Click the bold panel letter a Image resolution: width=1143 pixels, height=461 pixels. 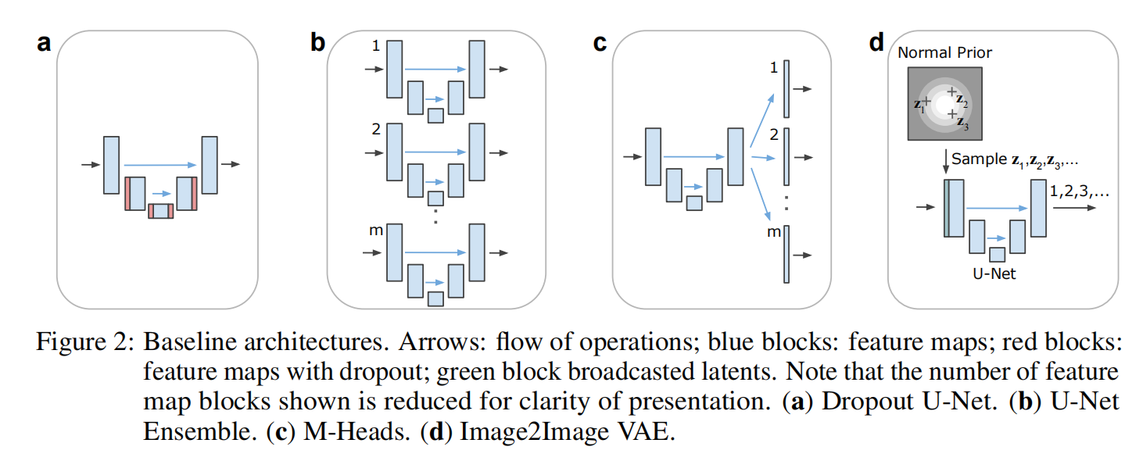coord(44,43)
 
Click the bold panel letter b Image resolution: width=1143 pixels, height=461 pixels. coord(317,43)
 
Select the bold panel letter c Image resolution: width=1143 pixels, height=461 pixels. coord(600,43)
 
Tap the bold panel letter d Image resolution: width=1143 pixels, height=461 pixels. coord(876,43)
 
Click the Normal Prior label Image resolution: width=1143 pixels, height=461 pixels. coord(944,53)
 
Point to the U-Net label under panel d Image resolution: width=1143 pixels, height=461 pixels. coord(996,273)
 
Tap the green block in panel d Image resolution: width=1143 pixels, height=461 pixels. coord(946,207)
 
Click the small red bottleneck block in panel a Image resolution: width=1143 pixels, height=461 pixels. coord(161,210)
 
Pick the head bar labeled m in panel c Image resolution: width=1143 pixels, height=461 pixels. coord(786,254)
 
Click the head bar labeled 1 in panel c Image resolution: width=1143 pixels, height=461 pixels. coord(786,89)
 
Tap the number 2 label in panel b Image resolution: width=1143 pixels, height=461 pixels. coord(376,130)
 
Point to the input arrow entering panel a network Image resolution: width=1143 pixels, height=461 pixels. coord(91,165)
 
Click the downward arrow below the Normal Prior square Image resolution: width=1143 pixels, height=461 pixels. coord(946,159)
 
